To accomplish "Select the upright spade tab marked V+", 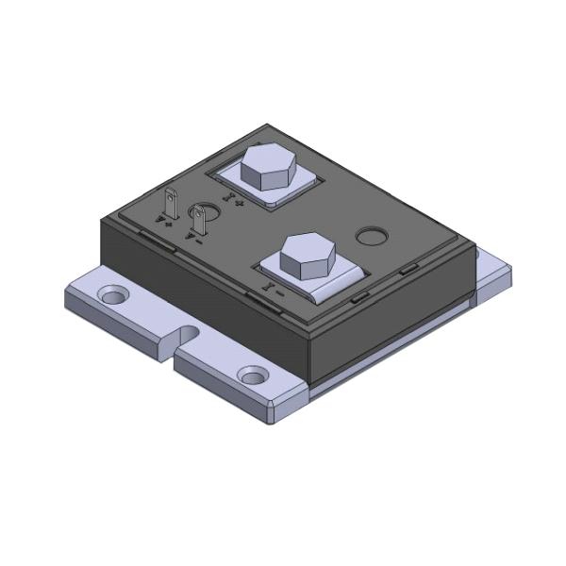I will pos(172,203).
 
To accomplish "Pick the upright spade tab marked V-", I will pos(199,220).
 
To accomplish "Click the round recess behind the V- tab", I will pos(206,209).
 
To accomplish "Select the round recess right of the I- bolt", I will pos(371,235).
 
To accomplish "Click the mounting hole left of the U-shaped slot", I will pos(113,296).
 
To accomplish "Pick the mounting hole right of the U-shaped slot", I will pos(252,375).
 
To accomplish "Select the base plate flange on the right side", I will pos(492,274).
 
